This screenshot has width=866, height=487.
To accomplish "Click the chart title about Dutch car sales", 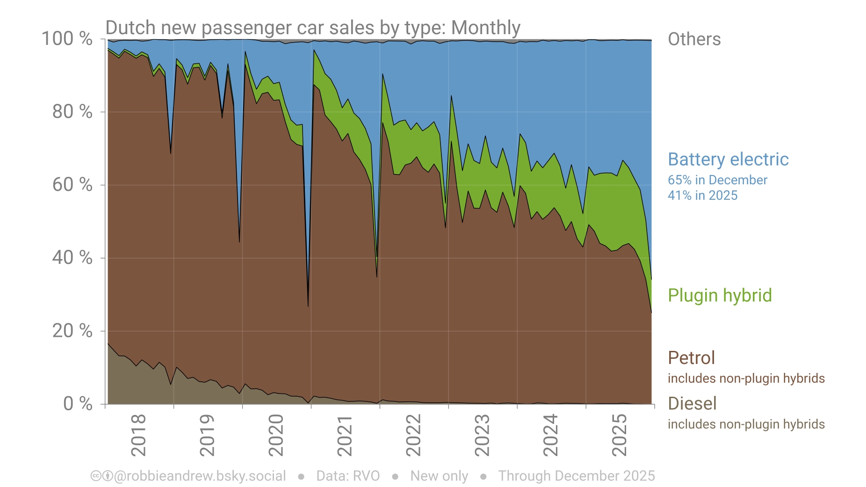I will pyautogui.click(x=313, y=28).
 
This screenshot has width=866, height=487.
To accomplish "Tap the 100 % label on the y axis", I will pyautogui.click(x=67, y=39).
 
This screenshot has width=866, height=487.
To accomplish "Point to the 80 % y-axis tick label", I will pyautogui.click(x=72, y=112).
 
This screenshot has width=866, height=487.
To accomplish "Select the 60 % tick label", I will pyautogui.click(x=72, y=185).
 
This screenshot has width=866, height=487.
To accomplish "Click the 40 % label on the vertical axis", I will pyautogui.click(x=72, y=258).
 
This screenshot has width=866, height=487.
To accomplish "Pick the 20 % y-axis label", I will pyautogui.click(x=72, y=331).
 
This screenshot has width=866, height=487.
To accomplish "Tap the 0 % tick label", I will pyautogui.click(x=77, y=404).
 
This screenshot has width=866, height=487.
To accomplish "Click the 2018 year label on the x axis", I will pyautogui.click(x=138, y=435).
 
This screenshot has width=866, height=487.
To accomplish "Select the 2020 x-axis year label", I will pyautogui.click(x=276, y=435).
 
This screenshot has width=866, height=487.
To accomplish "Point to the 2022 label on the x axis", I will pyautogui.click(x=413, y=435).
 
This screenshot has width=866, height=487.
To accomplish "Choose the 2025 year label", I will pyautogui.click(x=620, y=435).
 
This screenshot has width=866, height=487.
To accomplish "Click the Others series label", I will pyautogui.click(x=694, y=39).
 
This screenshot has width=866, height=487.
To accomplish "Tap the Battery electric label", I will pyautogui.click(x=728, y=160).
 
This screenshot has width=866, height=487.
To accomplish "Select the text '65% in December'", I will pyautogui.click(x=717, y=180).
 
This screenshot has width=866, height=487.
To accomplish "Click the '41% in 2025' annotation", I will pyautogui.click(x=702, y=196).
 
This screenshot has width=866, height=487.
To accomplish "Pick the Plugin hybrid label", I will pyautogui.click(x=720, y=296).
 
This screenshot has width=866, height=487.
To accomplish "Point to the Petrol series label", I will pyautogui.click(x=691, y=358).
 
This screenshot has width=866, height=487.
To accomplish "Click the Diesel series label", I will pyautogui.click(x=692, y=404).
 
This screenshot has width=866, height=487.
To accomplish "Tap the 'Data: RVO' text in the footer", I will pyautogui.click(x=348, y=476).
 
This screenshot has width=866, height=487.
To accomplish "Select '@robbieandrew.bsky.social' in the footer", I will pyautogui.click(x=200, y=476).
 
